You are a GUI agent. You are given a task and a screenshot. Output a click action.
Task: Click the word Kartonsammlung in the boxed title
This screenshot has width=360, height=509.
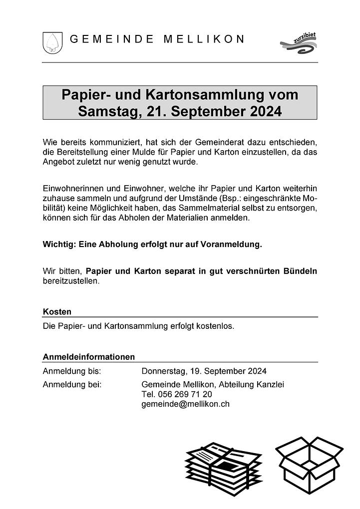point(205,94)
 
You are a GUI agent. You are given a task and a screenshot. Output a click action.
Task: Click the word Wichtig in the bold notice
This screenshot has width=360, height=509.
point(58,245)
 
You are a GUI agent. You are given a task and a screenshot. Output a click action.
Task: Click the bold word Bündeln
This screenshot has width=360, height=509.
point(299,271)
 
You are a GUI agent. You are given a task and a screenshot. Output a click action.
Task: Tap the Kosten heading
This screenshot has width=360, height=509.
point(57,311)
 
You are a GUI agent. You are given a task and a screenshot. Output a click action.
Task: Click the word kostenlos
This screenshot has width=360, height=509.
point(215,326)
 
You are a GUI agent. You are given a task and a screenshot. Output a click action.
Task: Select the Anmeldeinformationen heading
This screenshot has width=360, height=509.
point(89,357)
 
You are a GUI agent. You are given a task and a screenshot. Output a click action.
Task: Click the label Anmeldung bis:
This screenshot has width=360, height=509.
point(72,371)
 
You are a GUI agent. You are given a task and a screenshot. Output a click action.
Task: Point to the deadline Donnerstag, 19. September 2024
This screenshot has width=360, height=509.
point(204,371)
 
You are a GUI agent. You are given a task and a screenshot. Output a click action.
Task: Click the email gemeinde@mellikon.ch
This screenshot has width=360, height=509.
point(185,404)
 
